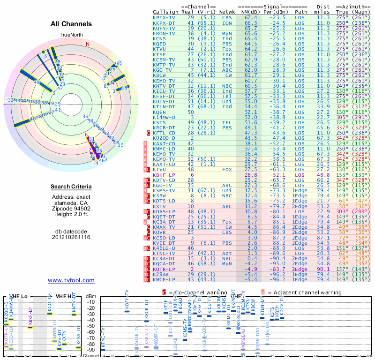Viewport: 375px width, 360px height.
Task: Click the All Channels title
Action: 71,23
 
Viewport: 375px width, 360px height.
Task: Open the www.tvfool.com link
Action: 71,280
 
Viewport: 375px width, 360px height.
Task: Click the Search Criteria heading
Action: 71,187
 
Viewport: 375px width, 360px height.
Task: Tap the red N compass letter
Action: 87,44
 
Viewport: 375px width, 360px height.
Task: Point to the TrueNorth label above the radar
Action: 71,35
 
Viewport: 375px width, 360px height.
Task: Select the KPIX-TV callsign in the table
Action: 164,17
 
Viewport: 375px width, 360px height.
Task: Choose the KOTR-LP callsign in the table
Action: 164,269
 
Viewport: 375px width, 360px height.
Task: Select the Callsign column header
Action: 165,11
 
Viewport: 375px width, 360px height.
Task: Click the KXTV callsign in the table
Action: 160,206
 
